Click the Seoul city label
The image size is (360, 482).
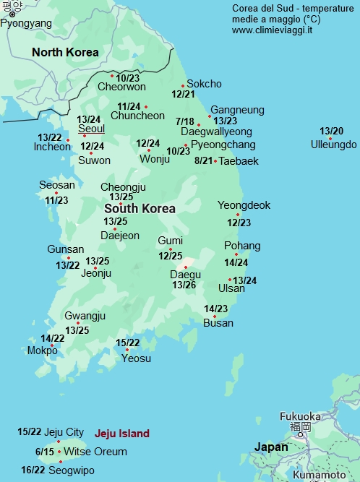91,129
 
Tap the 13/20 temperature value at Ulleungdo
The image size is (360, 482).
332,131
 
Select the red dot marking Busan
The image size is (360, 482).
214,316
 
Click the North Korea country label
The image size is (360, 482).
65,52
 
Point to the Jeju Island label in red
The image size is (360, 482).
121,434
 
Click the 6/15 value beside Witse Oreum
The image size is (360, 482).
45,452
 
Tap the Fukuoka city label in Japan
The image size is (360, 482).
300,416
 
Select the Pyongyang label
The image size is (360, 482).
26,23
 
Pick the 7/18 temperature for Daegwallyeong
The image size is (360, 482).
184,121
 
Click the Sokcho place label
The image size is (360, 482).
204,84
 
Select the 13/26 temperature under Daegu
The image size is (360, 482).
184,285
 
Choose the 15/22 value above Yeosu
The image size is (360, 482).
128,343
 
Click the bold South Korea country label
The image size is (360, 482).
140,208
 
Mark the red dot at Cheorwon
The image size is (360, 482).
112,75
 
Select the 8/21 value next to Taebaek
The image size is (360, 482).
204,160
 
